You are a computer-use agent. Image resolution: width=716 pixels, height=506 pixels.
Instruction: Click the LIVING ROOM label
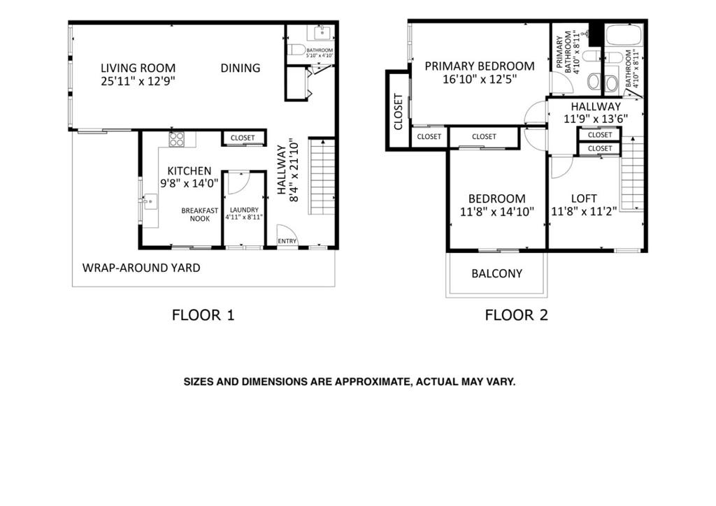coord(138,68)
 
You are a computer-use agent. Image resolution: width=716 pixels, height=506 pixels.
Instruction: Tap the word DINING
coord(241,68)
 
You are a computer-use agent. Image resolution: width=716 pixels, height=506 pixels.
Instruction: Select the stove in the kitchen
coord(177,139)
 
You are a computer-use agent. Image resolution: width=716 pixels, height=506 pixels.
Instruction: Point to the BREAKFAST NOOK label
coord(200,215)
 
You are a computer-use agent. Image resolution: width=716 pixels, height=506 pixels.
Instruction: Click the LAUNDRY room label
coord(244,210)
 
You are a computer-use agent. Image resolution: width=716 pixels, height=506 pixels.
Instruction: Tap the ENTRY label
coord(287,241)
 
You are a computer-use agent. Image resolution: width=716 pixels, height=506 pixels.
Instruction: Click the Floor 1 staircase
coord(322,176)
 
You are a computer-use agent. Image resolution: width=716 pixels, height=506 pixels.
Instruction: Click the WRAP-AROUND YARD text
coord(141,268)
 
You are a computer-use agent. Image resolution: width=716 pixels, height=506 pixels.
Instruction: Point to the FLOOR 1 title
coord(203,315)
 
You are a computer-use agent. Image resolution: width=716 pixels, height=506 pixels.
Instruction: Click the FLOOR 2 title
coord(516,315)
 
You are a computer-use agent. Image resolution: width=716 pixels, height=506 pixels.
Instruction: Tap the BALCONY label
coord(497,273)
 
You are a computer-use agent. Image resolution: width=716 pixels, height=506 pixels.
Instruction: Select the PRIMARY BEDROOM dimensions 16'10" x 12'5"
coord(480,80)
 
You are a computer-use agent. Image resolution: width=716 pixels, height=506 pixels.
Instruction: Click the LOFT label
coord(584,198)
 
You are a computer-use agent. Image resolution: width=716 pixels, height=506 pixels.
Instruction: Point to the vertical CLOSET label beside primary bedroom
coord(398,112)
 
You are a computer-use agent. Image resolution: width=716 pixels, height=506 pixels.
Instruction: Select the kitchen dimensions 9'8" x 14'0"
coord(189,183)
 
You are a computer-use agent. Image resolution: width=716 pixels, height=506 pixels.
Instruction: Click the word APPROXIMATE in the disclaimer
coord(372,382)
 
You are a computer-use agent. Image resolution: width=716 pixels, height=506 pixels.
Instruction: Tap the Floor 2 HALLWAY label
coord(596,106)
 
